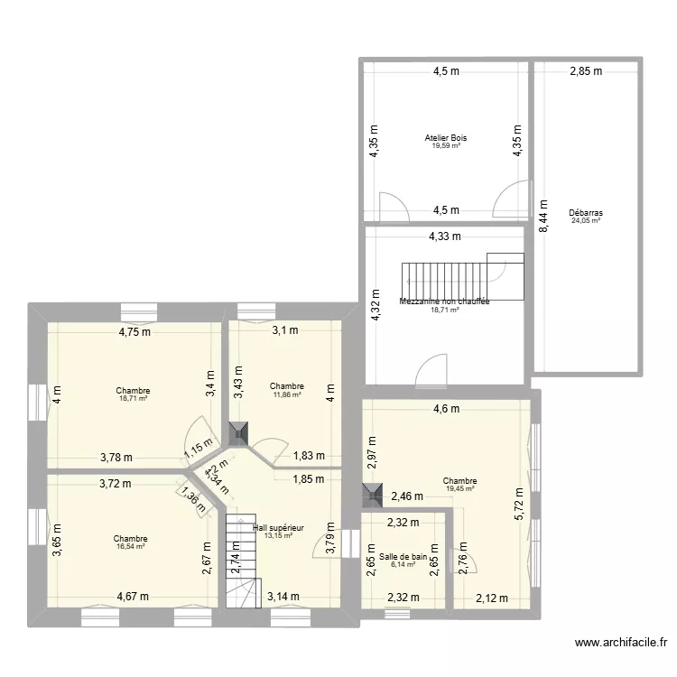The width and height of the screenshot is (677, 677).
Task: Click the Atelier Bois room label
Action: (x=446, y=138)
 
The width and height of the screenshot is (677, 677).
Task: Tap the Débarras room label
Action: (x=586, y=213)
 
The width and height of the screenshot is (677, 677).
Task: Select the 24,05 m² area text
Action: (x=586, y=220)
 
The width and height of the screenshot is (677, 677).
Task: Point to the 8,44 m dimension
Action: (x=543, y=217)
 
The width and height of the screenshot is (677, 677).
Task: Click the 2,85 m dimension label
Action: (x=585, y=71)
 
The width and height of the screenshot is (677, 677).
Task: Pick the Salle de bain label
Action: (x=403, y=557)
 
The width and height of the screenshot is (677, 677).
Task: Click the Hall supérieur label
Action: (x=279, y=528)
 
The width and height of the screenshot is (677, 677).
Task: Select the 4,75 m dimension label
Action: (x=135, y=331)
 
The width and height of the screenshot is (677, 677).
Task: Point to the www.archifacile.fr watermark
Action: (x=622, y=644)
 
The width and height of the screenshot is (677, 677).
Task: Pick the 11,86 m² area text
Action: (x=286, y=394)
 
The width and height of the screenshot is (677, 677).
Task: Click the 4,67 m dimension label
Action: (x=134, y=596)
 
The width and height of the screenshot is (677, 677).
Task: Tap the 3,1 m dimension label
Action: (x=285, y=330)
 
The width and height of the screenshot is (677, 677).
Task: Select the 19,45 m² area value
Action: (x=460, y=488)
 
